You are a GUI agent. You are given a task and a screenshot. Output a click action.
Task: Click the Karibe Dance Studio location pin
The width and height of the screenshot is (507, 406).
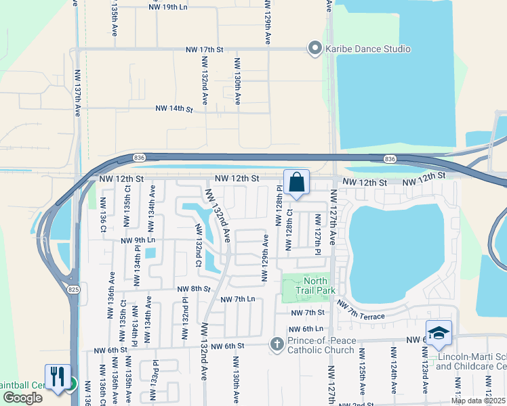pos(315,49)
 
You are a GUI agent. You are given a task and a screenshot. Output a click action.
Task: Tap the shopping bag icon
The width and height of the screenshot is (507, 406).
pos(296,182)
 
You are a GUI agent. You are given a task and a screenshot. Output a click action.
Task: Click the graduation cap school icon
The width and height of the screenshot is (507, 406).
pos(439,333)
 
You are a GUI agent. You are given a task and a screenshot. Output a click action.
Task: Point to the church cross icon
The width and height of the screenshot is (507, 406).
pos(277,344)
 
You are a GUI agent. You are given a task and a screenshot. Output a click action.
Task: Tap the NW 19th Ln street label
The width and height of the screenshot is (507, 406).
pos(168,7)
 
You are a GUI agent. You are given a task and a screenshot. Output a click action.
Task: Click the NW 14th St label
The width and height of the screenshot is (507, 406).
pos(174,108)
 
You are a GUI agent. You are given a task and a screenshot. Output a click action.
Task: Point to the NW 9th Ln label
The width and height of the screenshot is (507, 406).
pos(138,240)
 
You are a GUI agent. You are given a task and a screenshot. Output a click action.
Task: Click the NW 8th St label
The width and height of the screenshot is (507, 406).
pos(193,289)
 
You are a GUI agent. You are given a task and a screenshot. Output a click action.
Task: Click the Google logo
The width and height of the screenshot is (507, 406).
pos(22,398)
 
